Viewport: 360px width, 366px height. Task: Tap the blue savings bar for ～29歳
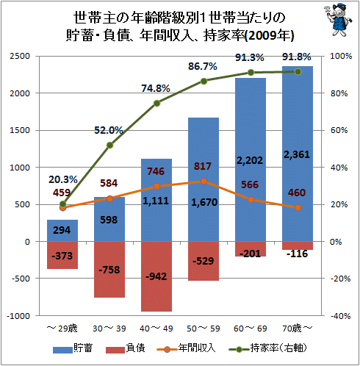tap(62, 231)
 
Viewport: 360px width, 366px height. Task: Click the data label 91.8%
tap(298, 57)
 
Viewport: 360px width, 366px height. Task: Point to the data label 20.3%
tap(63, 179)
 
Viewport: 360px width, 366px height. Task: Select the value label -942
tap(156, 276)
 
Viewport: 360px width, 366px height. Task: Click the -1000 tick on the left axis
tap(18, 316)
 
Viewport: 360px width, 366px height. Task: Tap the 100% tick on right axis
tap(340, 57)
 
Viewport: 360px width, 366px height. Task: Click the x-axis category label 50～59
tap(204, 326)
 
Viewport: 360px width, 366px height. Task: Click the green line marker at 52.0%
tap(109, 146)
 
